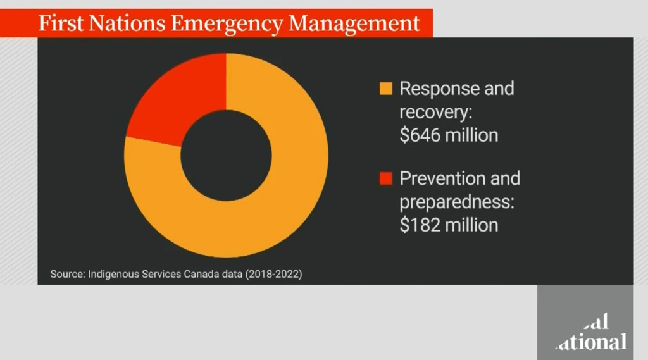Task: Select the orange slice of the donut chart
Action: [x=266, y=202]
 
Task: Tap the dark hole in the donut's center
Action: [x=226, y=156]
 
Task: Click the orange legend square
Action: [x=385, y=89]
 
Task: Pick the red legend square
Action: [x=385, y=179]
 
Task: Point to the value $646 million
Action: [x=449, y=135]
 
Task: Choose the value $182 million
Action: [x=449, y=225]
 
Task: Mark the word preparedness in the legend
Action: [x=452, y=202]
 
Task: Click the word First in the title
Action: [x=60, y=23]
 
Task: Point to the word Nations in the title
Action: [x=126, y=23]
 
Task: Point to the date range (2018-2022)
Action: [x=275, y=275]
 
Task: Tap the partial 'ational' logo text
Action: [x=591, y=342]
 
